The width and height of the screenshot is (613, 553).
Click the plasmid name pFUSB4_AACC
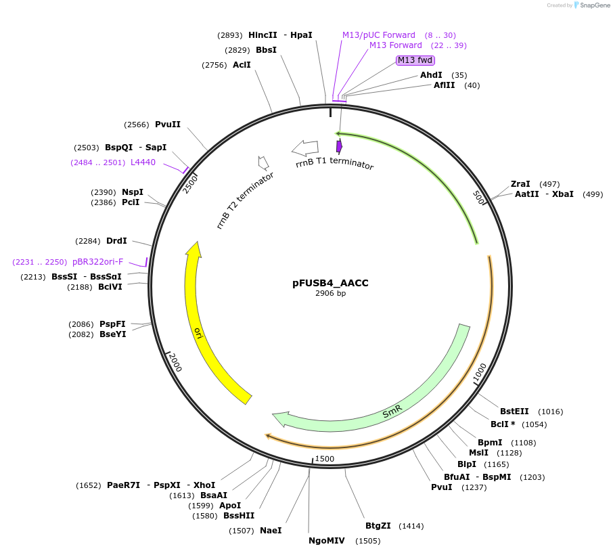(x=330, y=283)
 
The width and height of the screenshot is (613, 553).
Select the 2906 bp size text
(x=330, y=293)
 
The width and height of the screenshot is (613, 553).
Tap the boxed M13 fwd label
(x=415, y=60)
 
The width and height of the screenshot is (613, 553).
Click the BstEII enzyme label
(x=514, y=411)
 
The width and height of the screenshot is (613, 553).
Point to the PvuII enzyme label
(x=168, y=125)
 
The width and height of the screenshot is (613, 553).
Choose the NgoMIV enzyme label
(x=327, y=541)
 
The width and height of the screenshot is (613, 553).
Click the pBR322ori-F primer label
(x=98, y=262)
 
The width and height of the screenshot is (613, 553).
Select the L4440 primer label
(x=143, y=162)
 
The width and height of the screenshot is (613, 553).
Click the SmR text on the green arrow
(x=392, y=410)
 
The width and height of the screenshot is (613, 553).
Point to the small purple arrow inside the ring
(x=339, y=146)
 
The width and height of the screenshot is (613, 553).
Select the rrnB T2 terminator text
(x=245, y=200)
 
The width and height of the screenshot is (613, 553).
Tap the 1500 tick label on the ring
(x=325, y=459)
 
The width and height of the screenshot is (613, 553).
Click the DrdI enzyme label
(x=116, y=241)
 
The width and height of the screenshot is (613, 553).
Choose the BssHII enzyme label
(x=239, y=516)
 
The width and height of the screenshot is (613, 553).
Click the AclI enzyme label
(x=242, y=65)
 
